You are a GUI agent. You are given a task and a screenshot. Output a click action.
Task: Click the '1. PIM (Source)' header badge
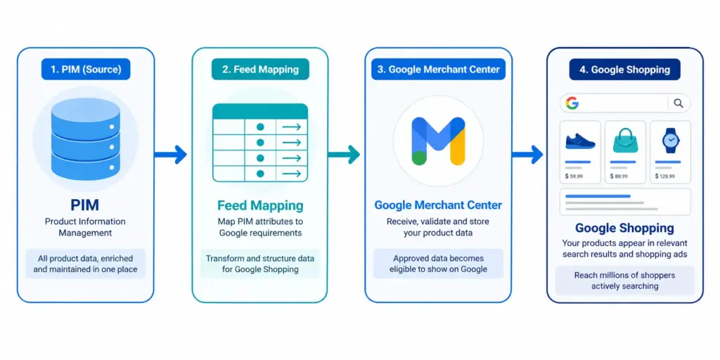[86, 70]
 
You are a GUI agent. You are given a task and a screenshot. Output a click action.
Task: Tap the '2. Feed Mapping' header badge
[260, 70]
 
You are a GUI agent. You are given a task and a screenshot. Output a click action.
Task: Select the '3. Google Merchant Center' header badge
[438, 70]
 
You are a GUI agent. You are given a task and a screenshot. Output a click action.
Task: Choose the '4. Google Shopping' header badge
[624, 70]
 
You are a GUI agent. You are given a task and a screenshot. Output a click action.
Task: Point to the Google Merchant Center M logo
[438, 141]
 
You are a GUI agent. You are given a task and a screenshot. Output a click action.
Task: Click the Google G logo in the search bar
[572, 103]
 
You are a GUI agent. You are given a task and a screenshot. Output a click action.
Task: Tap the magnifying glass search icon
[679, 103]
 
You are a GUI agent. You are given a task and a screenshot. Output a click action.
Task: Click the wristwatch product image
[670, 141]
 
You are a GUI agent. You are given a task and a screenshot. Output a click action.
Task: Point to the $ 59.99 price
[574, 176]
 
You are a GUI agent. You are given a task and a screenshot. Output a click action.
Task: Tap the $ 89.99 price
[619, 176]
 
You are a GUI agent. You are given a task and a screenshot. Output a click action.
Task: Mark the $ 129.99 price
[665, 176]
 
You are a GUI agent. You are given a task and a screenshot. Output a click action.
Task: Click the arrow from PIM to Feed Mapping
[170, 154]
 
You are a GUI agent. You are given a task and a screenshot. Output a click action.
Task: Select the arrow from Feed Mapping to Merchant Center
[343, 154]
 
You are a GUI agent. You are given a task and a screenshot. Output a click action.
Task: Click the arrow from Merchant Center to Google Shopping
[527, 154]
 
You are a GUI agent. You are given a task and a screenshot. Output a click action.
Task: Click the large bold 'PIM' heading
[85, 205]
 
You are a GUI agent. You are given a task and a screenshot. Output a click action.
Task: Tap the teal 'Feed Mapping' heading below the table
[260, 205]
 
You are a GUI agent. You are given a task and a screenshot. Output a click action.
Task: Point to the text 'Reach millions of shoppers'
[624, 275]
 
